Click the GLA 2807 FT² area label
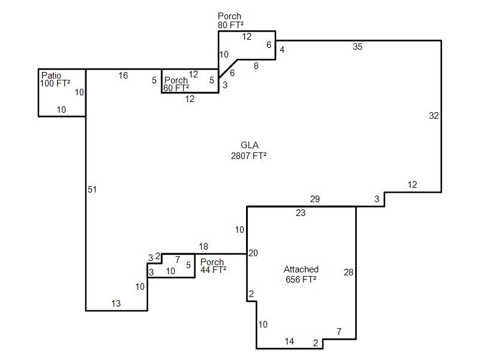point(248,151)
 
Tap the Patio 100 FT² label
point(55,79)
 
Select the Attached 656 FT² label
point(301,274)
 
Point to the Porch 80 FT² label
point(230,20)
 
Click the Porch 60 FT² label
point(176,84)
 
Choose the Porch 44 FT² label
point(213,266)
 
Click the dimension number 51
point(92,190)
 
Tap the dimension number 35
point(357,47)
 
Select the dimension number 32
point(434,116)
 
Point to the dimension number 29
point(314,199)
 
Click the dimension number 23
point(301,213)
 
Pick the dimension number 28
point(349,272)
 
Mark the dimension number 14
point(289,341)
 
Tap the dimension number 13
point(116,304)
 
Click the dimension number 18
point(203,247)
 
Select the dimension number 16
point(123,76)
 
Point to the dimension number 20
point(253,253)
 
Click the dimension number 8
point(256,66)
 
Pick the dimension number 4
point(282,50)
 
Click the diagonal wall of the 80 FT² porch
point(228,69)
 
